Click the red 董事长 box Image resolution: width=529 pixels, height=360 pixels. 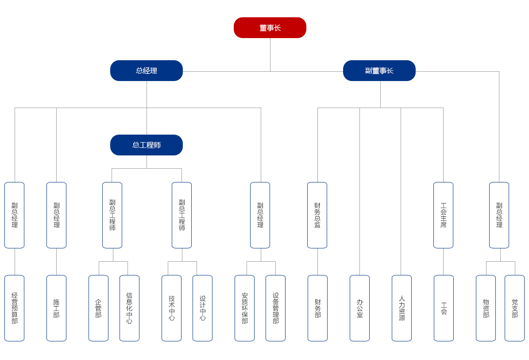coord(270,28)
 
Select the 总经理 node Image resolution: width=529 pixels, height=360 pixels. coord(147,71)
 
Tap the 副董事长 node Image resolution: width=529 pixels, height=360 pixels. coord(379,71)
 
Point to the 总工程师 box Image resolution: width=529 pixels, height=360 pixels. coord(147,145)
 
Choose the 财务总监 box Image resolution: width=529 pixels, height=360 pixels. coord(317,215)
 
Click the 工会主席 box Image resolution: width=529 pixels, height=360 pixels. coord(443,215)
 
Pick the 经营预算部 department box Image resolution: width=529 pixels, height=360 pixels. coord(14,308)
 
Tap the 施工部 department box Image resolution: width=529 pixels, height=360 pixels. coord(56,308)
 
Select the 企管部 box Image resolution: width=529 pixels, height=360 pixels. coord(98,308)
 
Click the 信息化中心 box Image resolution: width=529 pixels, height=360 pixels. coord(129,308)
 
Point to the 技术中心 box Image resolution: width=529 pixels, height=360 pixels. coord(171,308)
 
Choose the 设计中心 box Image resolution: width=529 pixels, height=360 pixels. coord(202,308)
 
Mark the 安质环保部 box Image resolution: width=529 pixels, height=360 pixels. coord(244,308)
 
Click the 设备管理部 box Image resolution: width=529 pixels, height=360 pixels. coord(275,308)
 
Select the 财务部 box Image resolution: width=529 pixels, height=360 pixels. coord(317,308)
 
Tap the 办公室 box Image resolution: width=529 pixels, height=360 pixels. coord(359,308)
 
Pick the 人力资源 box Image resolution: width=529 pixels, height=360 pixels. coord(402,308)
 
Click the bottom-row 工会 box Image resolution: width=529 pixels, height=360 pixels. coord(444,308)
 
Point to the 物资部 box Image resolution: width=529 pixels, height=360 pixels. coord(486,308)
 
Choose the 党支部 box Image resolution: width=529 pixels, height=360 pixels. coord(514,308)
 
